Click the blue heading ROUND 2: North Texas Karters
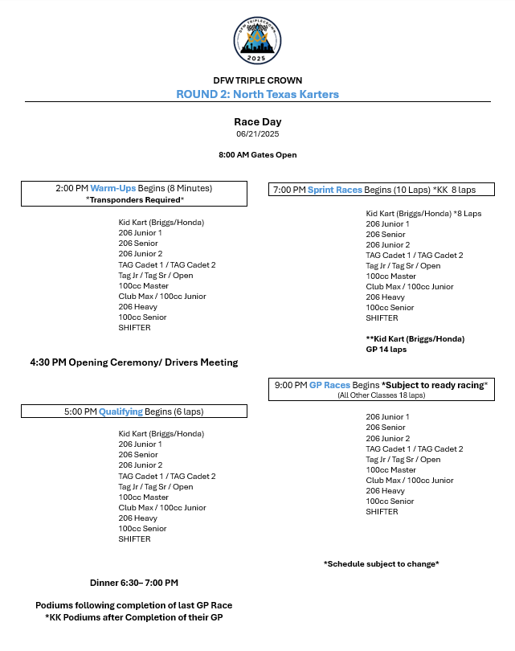[257, 94]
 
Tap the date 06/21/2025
[257, 133]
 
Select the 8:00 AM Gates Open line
[257, 154]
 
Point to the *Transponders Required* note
[135, 199]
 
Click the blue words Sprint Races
[335, 190]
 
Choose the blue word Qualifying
[121, 411]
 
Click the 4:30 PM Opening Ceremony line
[134, 362]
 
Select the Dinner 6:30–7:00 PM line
[134, 583]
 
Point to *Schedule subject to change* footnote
[381, 564]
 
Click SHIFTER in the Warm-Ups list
[134, 327]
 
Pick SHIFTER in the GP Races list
[382, 511]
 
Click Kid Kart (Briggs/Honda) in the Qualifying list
[161, 434]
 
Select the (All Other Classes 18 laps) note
[381, 395]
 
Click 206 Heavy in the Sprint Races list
[385, 297]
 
